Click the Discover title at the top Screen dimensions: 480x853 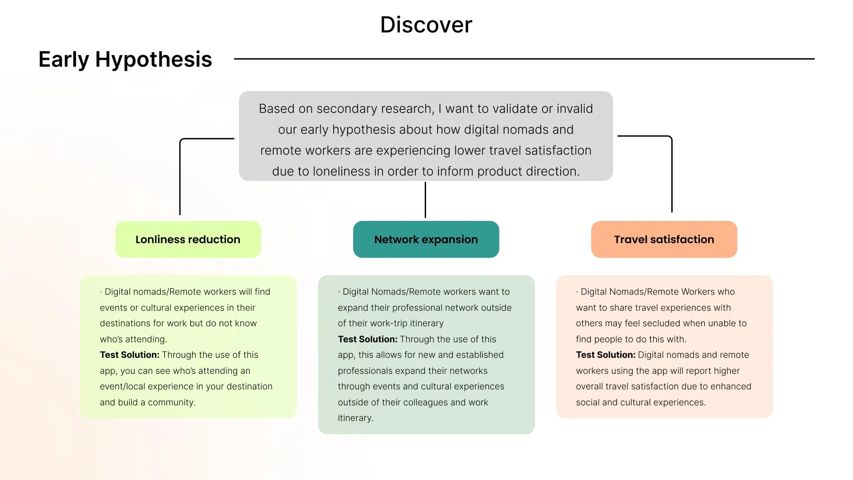pyautogui.click(x=426, y=25)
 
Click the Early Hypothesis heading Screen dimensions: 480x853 pyautogui.click(x=125, y=60)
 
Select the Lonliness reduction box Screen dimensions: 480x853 pyautogui.click(x=188, y=240)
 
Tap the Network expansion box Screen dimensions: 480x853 pyautogui.click(x=426, y=240)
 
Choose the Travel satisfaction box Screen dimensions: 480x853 pyautogui.click(x=664, y=240)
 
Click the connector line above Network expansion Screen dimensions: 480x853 pyautogui.click(x=425, y=200)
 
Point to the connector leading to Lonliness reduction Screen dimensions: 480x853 pyautogui.click(x=180, y=178)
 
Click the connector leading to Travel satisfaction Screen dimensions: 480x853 pyautogui.click(x=672, y=173)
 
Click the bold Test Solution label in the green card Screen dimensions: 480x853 pyautogui.click(x=129, y=355)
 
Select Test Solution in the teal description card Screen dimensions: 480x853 pyautogui.click(x=367, y=340)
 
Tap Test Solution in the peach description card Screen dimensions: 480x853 pyautogui.click(x=606, y=355)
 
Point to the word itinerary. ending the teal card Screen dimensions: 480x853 pyautogui.click(x=355, y=418)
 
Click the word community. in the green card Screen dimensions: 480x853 pyautogui.click(x=171, y=403)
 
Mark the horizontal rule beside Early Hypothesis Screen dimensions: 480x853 pyautogui.click(x=524, y=59)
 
